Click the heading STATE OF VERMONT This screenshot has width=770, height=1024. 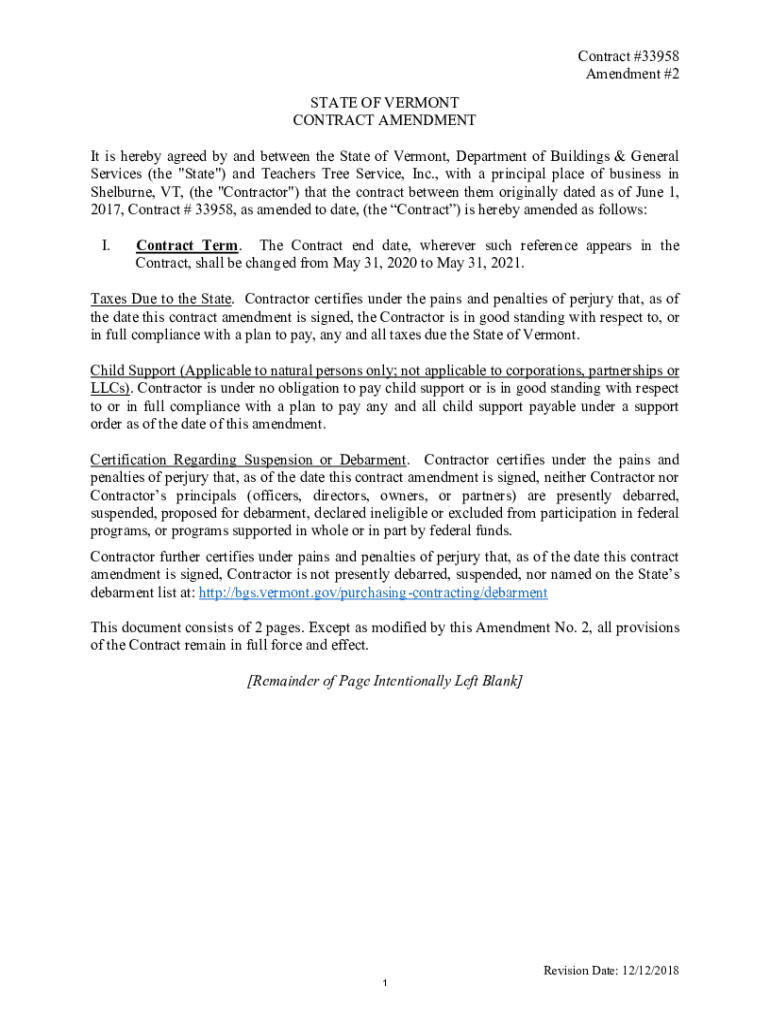pyautogui.click(x=384, y=102)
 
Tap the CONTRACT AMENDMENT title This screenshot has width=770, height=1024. pyautogui.click(x=384, y=120)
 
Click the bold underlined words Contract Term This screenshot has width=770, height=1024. pyautogui.click(x=187, y=246)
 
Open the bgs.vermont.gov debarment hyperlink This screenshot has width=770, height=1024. pyautogui.click(x=373, y=592)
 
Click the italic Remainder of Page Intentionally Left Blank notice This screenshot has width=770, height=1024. pyautogui.click(x=384, y=681)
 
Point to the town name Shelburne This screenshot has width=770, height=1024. pyautogui.click(x=122, y=192)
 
